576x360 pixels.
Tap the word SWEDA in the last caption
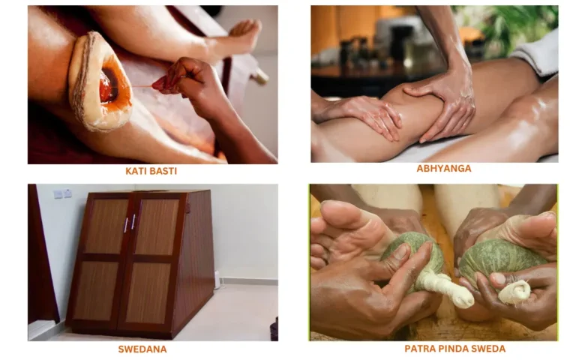(488, 349)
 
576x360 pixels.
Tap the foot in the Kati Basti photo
(243, 34)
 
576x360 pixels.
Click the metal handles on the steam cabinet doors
(130, 223)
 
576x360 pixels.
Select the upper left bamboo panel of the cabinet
(104, 226)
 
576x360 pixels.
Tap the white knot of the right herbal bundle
(515, 291)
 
